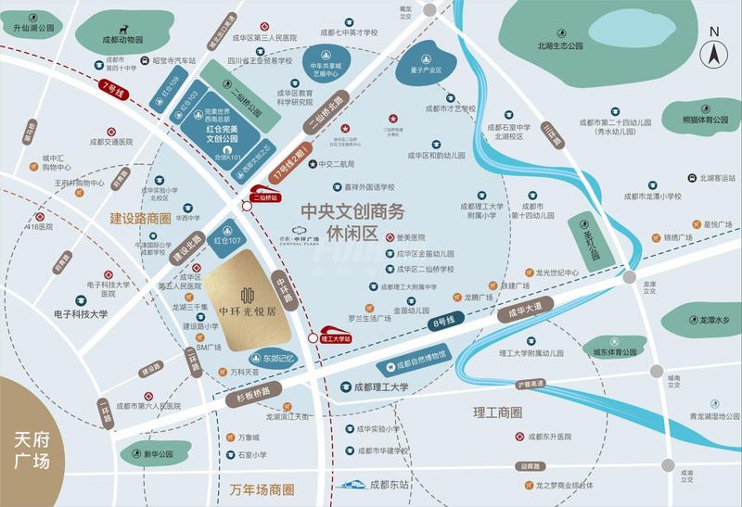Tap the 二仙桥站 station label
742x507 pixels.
click(266, 196)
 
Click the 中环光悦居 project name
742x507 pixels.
click(247, 311)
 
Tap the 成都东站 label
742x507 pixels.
click(390, 484)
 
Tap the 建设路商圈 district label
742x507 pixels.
click(140, 219)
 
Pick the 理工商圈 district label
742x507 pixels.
click(497, 412)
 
